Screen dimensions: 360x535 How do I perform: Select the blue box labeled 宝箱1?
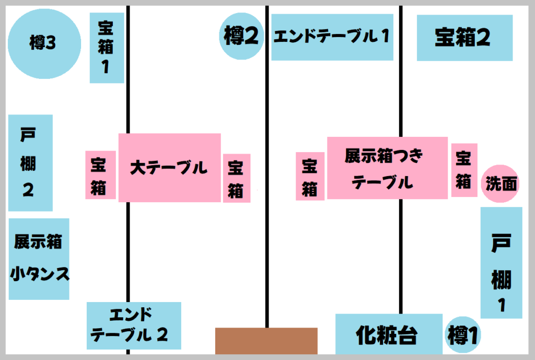[107, 48]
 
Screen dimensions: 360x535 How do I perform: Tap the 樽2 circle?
[241, 36]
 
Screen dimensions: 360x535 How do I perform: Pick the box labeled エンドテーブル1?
[332, 37]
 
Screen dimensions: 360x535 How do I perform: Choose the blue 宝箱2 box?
[464, 38]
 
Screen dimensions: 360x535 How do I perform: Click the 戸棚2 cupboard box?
[30, 162]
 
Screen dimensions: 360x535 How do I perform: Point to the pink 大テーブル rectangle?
[169, 168]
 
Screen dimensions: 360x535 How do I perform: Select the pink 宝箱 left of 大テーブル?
[100, 175]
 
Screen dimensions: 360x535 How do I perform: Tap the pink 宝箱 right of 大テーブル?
[236, 178]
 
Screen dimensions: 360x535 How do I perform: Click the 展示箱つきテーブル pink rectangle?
[387, 168]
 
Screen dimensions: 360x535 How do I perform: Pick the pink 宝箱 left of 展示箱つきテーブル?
[309, 177]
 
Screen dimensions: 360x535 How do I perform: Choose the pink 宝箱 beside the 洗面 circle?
[464, 170]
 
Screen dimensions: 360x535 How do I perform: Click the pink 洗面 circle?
[500, 184]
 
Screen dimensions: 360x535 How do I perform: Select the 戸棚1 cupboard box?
[501, 262]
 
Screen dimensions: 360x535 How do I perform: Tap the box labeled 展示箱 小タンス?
[39, 259]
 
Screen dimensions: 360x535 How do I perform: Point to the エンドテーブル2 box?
[134, 326]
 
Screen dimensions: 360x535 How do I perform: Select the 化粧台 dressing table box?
[389, 334]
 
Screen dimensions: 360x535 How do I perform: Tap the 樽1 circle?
[463, 335]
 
